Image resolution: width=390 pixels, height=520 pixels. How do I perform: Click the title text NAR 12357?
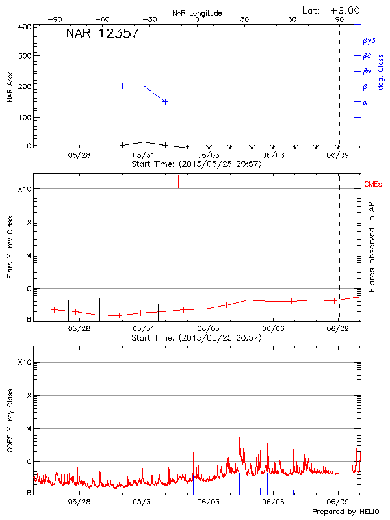[102, 34]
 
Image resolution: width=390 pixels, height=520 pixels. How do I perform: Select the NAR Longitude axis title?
[197, 13]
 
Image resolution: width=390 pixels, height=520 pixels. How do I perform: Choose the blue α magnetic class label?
[365, 102]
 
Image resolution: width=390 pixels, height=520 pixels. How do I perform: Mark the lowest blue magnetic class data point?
[166, 101]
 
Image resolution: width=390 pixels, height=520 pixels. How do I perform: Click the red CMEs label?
[373, 185]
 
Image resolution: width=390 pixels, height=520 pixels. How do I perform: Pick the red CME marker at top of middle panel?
[178, 182]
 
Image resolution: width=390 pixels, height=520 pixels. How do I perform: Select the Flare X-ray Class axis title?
[10, 246]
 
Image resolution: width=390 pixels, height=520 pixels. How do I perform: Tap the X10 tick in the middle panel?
[24, 189]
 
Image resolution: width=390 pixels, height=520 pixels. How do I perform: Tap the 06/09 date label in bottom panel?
[337, 502]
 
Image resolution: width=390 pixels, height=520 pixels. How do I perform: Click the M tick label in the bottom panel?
[28, 428]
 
